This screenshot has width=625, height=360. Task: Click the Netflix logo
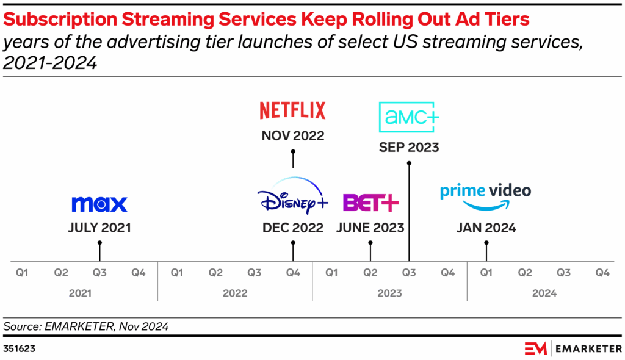293,110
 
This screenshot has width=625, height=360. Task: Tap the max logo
99,204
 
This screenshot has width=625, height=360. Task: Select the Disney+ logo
293,196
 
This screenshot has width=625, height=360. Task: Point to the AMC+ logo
409,117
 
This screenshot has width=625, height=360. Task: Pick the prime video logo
486,195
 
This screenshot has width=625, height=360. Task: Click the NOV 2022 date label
293,135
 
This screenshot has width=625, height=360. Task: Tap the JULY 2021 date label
99,228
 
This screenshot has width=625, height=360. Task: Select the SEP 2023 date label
409,148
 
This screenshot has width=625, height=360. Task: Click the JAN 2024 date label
486,228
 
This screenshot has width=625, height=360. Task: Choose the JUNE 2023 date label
370,228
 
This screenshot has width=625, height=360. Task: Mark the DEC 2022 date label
293,228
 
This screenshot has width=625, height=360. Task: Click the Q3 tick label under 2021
99,273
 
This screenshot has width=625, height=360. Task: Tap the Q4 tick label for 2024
602,273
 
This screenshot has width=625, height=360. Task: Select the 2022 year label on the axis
235,293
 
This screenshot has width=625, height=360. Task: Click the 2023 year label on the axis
389,293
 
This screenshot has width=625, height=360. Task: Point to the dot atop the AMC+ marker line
409,162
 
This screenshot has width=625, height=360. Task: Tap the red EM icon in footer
536,348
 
